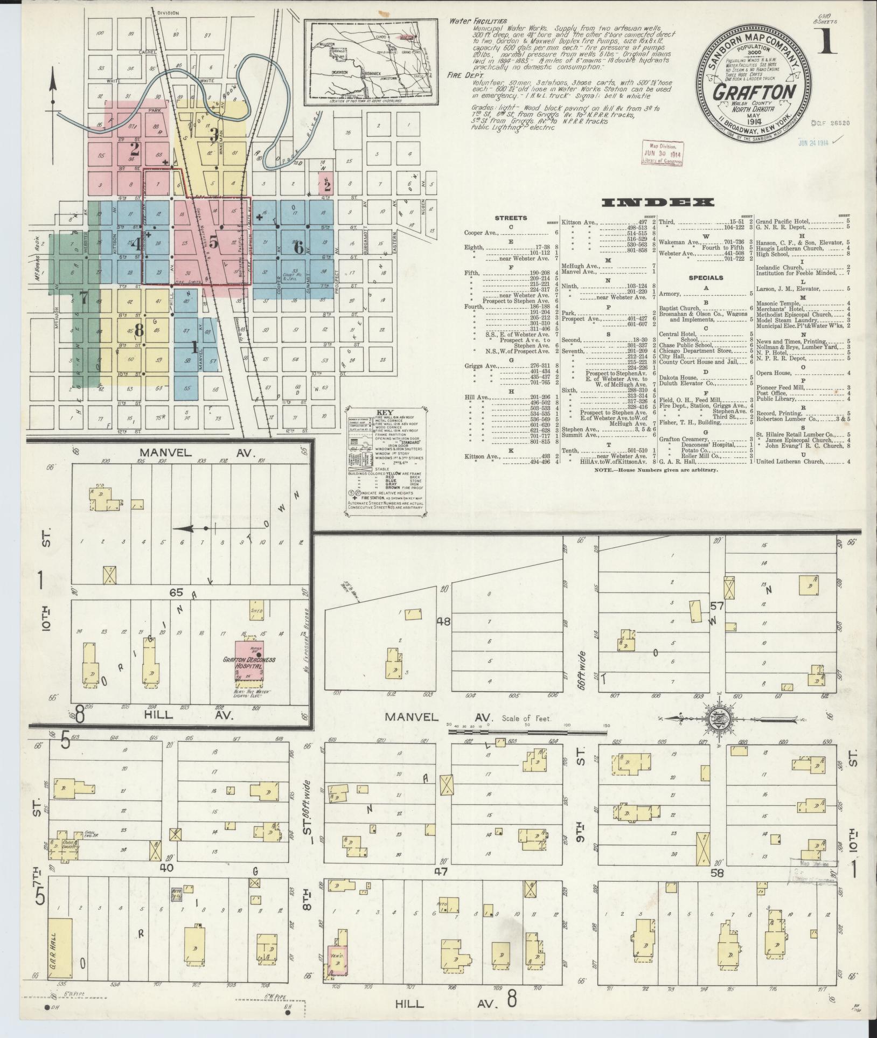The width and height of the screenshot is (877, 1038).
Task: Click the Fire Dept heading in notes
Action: pyautogui.click(x=461, y=76)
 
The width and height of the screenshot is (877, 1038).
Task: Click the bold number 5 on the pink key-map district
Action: pyautogui.click(x=214, y=243)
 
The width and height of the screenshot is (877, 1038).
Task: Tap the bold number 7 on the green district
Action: pyautogui.click(x=83, y=296)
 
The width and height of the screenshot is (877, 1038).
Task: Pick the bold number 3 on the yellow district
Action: pyautogui.click(x=213, y=133)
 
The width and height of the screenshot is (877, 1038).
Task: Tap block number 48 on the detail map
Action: pyautogui.click(x=443, y=621)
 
